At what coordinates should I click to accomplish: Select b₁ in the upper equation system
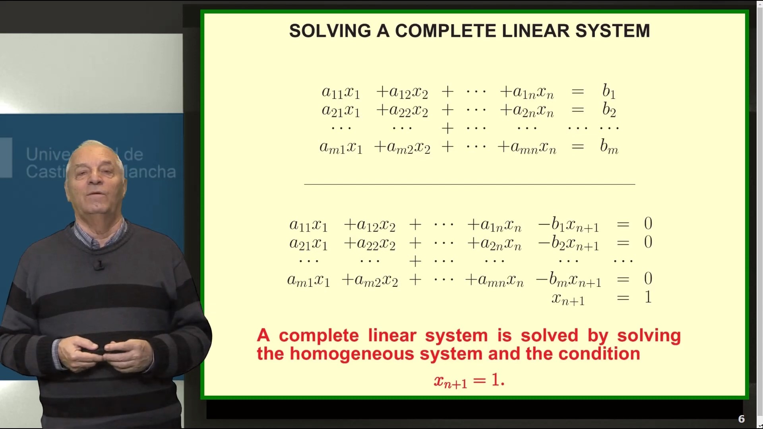click(609, 91)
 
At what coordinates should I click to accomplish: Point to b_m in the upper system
click(609, 147)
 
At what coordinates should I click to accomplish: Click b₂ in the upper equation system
click(609, 110)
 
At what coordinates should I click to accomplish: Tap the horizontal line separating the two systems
click(469, 184)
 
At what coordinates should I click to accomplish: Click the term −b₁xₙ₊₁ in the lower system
click(568, 225)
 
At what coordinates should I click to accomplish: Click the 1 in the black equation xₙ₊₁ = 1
click(648, 297)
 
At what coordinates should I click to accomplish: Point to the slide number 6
click(741, 419)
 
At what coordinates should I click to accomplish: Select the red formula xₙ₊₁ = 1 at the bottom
click(469, 381)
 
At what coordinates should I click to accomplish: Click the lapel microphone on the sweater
click(99, 265)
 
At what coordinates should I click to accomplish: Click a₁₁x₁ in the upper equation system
click(341, 92)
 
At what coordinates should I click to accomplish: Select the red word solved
click(549, 336)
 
